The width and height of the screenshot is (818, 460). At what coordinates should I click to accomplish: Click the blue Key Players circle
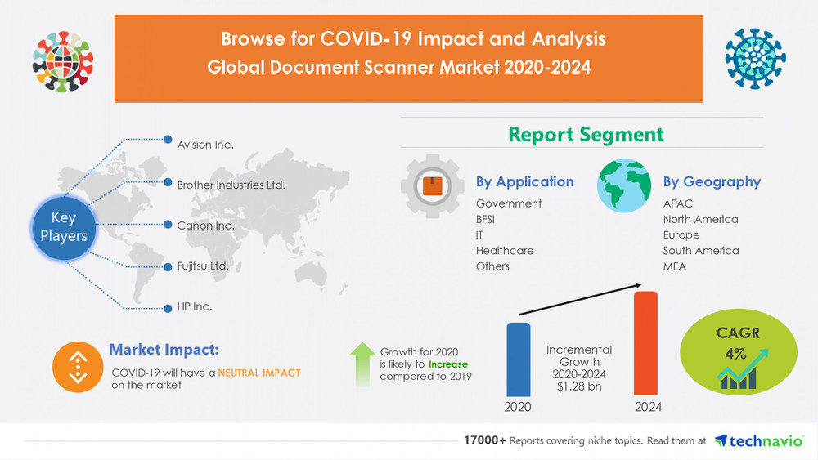(x=64, y=226)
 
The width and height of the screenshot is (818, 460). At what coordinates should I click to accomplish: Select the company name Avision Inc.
(x=205, y=145)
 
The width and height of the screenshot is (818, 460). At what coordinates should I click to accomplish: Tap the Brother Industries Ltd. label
(x=231, y=185)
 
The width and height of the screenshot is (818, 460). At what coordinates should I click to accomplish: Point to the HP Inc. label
(x=194, y=307)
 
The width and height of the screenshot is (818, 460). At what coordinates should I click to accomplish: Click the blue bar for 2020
(x=518, y=360)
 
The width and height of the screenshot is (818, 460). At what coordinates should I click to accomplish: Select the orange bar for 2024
(x=645, y=343)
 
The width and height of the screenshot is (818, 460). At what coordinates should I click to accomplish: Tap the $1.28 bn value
(x=579, y=386)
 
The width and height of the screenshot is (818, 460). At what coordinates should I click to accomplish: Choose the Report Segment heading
(x=586, y=134)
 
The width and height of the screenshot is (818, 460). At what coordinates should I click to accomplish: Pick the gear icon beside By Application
(x=431, y=186)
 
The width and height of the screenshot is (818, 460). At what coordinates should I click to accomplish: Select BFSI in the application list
(x=485, y=219)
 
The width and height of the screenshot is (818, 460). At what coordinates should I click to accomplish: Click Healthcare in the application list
(x=504, y=251)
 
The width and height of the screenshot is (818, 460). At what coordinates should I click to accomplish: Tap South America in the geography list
(x=700, y=251)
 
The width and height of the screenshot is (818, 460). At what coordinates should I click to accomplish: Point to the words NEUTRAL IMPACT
(x=259, y=372)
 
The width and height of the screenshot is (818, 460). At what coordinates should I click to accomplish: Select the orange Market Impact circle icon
(x=76, y=367)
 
